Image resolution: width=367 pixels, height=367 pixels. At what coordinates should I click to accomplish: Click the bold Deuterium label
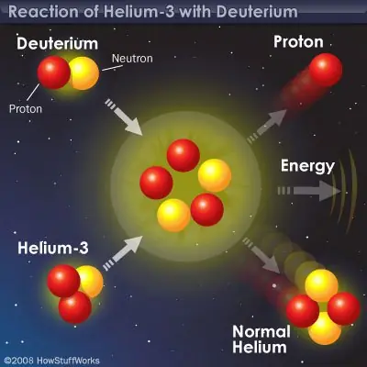(x=58, y=44)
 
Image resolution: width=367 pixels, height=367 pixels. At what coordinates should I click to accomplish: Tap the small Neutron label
(x=132, y=59)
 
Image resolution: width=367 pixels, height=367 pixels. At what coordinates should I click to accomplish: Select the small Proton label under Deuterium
(x=26, y=109)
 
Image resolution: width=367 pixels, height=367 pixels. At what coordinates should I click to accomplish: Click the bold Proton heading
(x=298, y=42)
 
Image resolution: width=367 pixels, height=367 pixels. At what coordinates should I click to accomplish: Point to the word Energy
(x=307, y=166)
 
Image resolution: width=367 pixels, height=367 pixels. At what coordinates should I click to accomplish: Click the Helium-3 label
(x=53, y=248)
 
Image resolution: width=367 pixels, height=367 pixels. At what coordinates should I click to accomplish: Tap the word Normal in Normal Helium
(x=261, y=331)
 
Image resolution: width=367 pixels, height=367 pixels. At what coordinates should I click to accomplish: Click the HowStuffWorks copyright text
(x=52, y=361)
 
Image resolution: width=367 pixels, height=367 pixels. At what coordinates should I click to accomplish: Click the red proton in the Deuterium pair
(x=54, y=72)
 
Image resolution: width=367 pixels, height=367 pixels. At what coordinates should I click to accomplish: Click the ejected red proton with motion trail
(x=326, y=70)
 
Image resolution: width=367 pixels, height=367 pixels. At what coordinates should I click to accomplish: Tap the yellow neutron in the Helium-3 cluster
(x=91, y=282)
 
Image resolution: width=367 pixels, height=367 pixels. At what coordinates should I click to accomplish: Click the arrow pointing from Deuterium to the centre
(x=124, y=117)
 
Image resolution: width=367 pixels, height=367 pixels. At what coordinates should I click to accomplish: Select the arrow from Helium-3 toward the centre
(x=123, y=253)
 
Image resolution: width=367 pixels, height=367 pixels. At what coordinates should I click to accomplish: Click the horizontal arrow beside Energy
(x=309, y=191)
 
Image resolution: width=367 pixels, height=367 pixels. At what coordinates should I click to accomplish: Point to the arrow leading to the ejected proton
(x=267, y=126)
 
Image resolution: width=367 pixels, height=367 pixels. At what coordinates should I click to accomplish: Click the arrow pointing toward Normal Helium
(x=261, y=255)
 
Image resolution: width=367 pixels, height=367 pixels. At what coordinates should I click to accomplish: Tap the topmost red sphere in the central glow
(x=183, y=155)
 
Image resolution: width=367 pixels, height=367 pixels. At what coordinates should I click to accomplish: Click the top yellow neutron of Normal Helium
(x=321, y=285)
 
